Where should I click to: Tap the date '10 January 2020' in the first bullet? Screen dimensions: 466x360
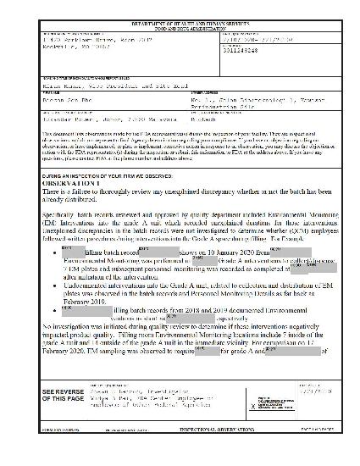coord(204,252)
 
